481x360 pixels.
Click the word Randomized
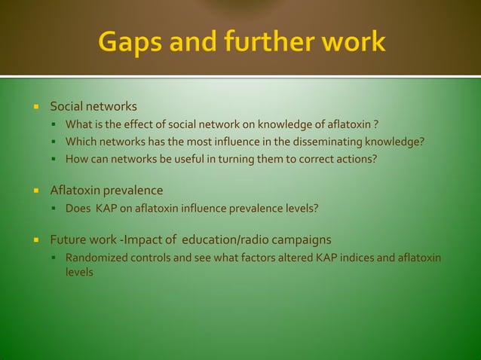point(94,258)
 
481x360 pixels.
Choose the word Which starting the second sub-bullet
point(81,141)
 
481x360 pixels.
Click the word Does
point(78,208)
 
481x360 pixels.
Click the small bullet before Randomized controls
point(56,259)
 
